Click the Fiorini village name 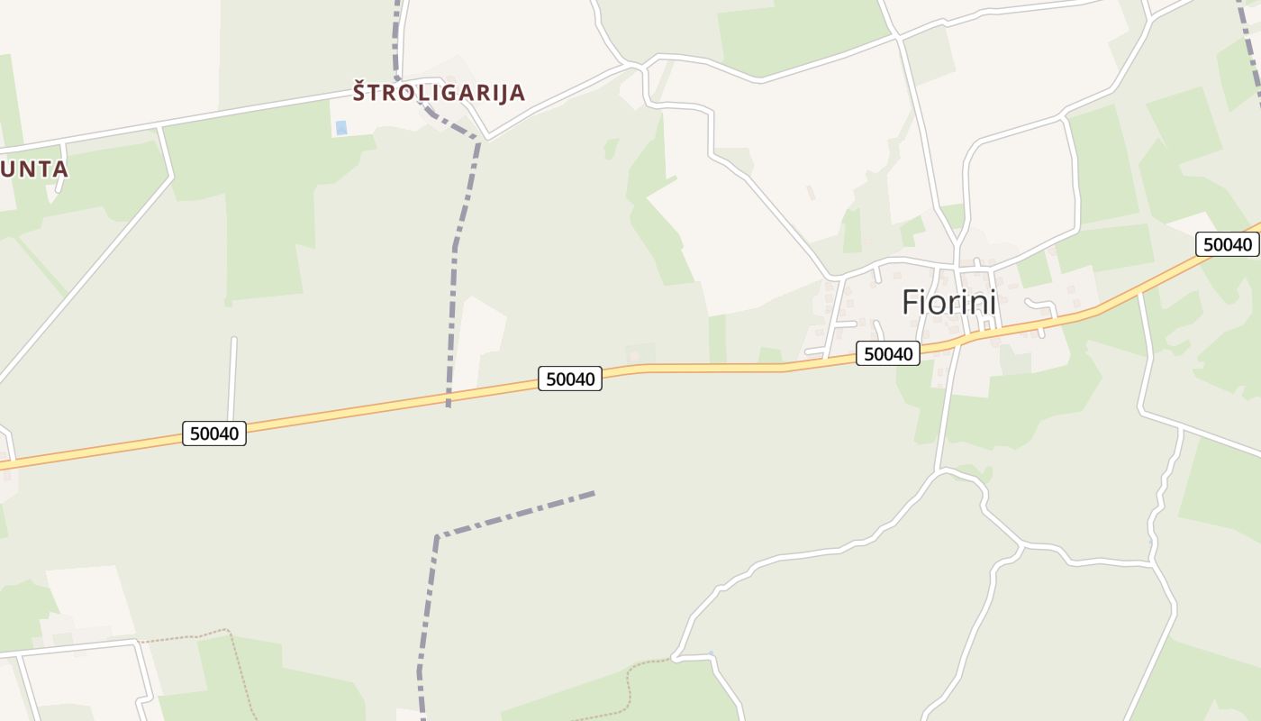point(948,302)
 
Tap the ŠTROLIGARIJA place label point(439,92)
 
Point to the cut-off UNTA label point(33,169)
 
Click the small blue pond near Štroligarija point(340,128)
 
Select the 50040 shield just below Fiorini point(888,354)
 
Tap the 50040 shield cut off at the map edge point(1228,244)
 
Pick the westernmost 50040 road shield point(214,434)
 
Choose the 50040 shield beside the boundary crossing point(569,379)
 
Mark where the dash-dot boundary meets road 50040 point(449,397)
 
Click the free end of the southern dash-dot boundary point(594,492)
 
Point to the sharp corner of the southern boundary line point(437,537)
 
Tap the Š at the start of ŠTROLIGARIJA point(359,91)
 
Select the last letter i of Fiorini point(993,302)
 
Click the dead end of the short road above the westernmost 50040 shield point(234,339)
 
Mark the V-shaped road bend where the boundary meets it point(487,139)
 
